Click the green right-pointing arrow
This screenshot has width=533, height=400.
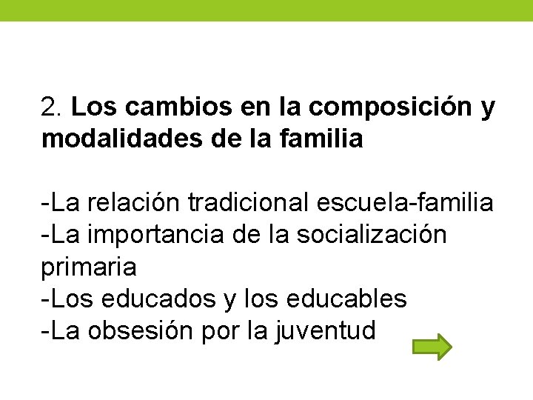(432, 347)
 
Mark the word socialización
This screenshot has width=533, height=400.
(372, 234)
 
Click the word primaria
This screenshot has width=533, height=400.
(89, 267)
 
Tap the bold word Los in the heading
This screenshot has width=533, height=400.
(96, 107)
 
